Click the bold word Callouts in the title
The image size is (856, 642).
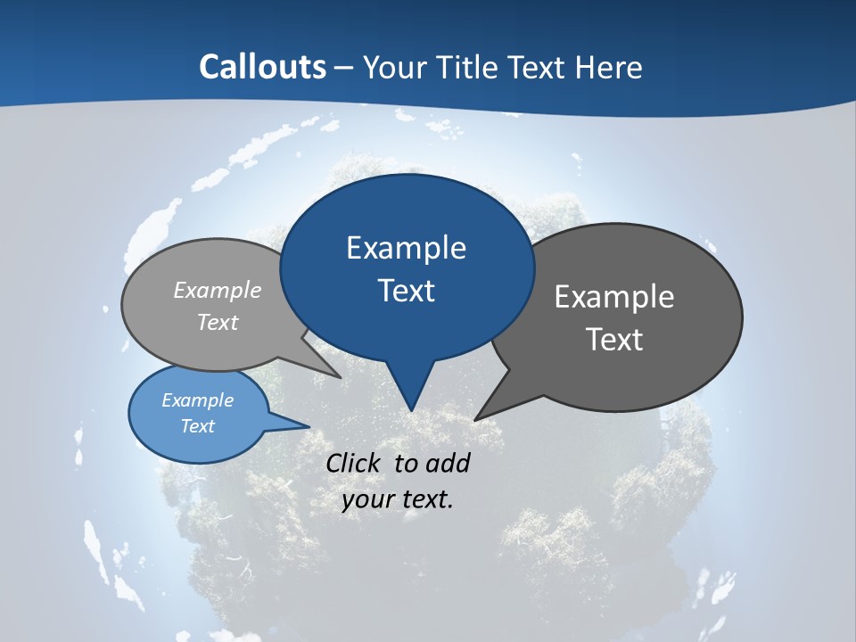(x=262, y=67)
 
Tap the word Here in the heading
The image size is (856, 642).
(x=609, y=67)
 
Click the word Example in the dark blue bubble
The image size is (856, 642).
(x=406, y=248)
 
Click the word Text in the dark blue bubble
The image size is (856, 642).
(x=407, y=291)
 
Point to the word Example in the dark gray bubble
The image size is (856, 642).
(x=614, y=297)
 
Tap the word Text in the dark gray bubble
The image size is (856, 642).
(x=615, y=340)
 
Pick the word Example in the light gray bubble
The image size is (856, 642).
(x=218, y=290)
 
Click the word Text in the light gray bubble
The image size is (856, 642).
(x=218, y=322)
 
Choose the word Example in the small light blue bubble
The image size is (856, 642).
(x=197, y=400)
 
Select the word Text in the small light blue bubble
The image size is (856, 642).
(x=197, y=426)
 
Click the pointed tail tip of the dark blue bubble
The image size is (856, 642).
(x=411, y=410)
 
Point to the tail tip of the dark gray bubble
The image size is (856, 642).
(x=475, y=419)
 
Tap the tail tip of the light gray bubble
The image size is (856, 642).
(x=341, y=377)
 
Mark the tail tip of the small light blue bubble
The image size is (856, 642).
(x=309, y=426)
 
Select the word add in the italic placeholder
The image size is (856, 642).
(x=448, y=463)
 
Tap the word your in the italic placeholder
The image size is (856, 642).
(x=366, y=499)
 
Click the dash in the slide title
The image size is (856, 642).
(x=344, y=68)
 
